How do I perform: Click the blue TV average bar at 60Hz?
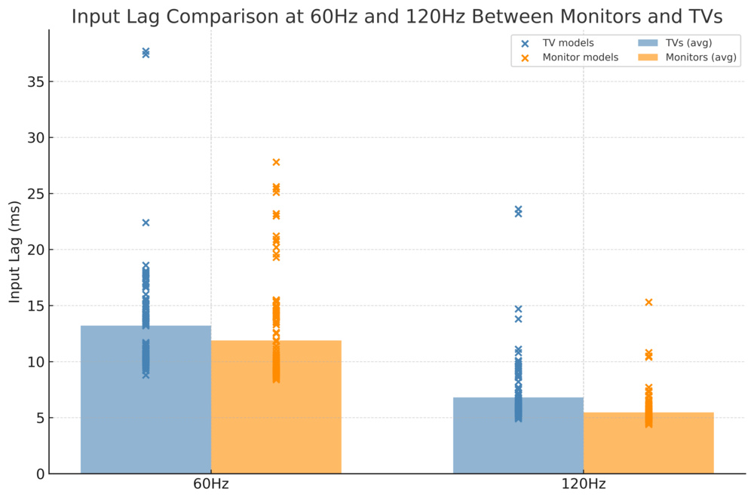click(x=146, y=400)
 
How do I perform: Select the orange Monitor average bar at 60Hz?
click(x=276, y=407)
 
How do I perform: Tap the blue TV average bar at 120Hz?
click(x=518, y=436)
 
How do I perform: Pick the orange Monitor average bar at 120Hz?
click(x=648, y=443)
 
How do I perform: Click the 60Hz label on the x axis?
click(x=211, y=484)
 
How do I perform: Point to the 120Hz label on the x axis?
click(x=583, y=484)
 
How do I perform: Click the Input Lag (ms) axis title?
click(x=15, y=252)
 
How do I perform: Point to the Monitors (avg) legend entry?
click(x=700, y=57)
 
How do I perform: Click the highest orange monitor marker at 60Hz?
click(x=276, y=162)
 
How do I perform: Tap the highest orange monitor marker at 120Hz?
click(x=648, y=302)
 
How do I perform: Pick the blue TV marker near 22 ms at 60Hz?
click(x=146, y=222)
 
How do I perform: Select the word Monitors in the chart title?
click(x=593, y=17)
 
